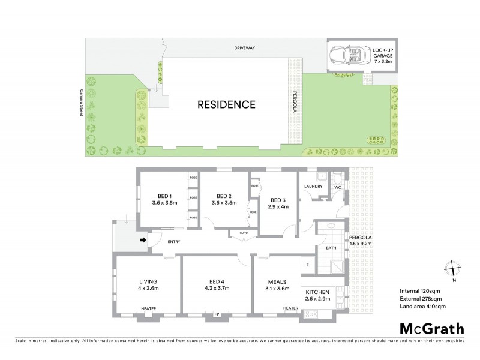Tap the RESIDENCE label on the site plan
(x=226, y=104)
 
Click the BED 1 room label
(x=164, y=196)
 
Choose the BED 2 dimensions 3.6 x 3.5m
(x=224, y=203)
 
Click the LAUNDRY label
(x=313, y=187)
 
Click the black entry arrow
(x=143, y=241)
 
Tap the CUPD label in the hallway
(x=243, y=233)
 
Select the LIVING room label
(x=148, y=281)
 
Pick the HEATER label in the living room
(x=148, y=309)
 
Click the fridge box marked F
(x=307, y=265)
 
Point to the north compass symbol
(x=454, y=270)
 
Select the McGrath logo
(x=431, y=328)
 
